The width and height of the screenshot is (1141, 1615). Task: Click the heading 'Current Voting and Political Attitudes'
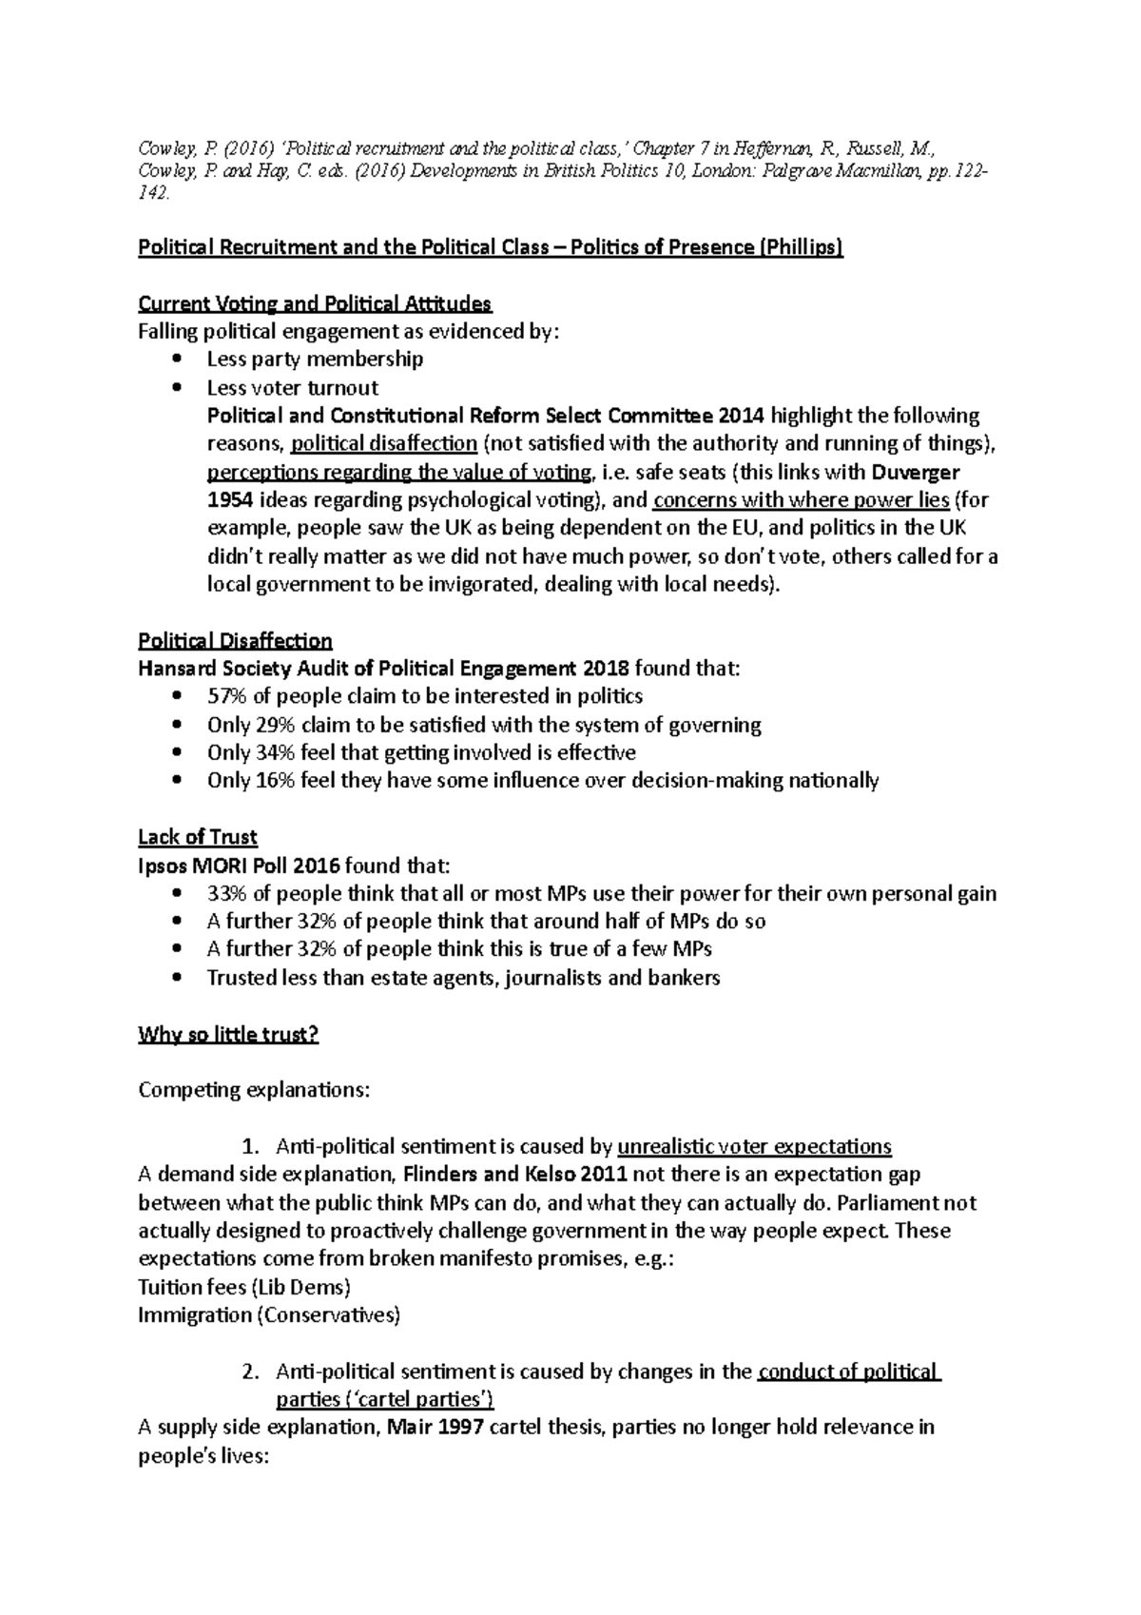(315, 304)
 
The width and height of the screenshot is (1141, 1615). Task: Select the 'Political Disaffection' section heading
(235, 640)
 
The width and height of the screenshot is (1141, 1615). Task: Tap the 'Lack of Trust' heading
(198, 837)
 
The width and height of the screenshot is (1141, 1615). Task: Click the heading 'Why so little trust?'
(228, 1034)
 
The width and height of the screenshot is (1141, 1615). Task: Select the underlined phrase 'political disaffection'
(384, 443)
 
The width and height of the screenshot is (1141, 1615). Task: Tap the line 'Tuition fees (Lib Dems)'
(244, 1287)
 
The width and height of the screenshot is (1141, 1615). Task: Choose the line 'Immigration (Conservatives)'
(269, 1315)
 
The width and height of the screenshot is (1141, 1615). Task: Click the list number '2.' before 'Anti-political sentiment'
(250, 1372)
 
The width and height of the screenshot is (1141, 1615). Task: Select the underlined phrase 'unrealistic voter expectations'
(755, 1146)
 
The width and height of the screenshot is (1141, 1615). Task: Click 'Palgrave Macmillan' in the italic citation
(839, 171)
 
